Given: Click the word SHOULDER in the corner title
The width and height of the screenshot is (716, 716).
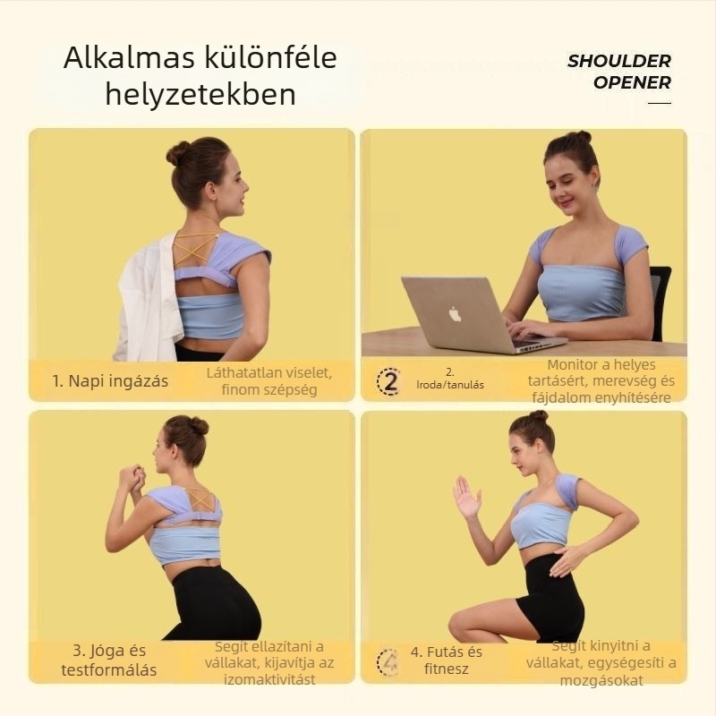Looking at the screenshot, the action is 619,61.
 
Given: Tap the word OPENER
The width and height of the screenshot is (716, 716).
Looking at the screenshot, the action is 633,82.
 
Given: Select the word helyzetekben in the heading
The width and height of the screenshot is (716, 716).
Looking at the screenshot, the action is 200,95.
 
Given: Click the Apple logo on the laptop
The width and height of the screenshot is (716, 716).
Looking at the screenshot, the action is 455,314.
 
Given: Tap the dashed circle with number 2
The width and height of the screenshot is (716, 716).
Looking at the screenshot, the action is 389,381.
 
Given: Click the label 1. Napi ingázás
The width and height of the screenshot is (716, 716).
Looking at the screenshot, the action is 110,381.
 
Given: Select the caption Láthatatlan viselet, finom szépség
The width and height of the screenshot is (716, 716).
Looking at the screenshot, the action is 269,381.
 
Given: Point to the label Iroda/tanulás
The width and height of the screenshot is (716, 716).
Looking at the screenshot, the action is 450,385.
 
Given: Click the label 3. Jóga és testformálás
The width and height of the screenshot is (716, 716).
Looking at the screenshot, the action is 108,660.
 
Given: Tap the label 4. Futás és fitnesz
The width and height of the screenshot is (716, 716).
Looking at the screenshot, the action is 446,661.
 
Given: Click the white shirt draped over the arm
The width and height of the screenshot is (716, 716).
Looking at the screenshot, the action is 147,299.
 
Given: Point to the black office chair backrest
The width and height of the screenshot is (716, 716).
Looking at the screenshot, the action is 660,302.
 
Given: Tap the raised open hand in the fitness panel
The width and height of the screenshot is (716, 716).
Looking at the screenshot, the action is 466,498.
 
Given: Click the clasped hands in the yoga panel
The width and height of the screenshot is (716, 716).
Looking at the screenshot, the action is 132,478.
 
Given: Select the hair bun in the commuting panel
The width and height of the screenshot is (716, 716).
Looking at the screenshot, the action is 177,152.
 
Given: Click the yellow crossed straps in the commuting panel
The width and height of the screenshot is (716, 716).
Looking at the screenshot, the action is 194,249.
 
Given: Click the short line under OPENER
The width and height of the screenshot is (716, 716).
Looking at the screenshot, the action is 660,103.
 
